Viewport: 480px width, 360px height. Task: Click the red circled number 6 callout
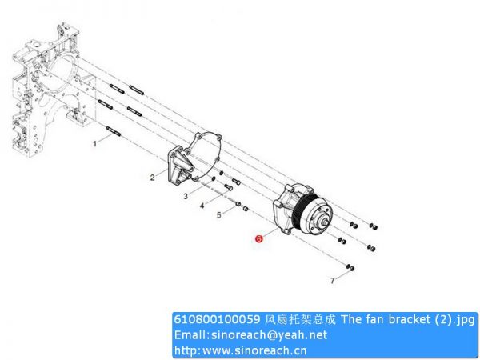click(259, 238)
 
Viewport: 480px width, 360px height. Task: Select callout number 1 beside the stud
click(95, 143)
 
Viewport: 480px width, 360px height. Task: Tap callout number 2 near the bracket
click(153, 178)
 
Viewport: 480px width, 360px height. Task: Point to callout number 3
click(186, 196)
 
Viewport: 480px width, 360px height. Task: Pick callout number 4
click(202, 206)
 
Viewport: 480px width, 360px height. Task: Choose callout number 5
click(219, 215)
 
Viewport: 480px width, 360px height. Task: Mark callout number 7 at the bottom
click(333, 281)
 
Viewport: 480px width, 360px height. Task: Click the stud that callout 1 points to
click(114, 131)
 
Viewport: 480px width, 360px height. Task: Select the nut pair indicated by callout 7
click(350, 267)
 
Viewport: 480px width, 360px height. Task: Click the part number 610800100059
click(217, 319)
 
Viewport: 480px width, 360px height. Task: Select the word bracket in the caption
click(409, 319)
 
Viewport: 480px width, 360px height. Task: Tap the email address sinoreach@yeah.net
click(270, 335)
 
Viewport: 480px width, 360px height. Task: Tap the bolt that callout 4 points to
click(229, 186)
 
